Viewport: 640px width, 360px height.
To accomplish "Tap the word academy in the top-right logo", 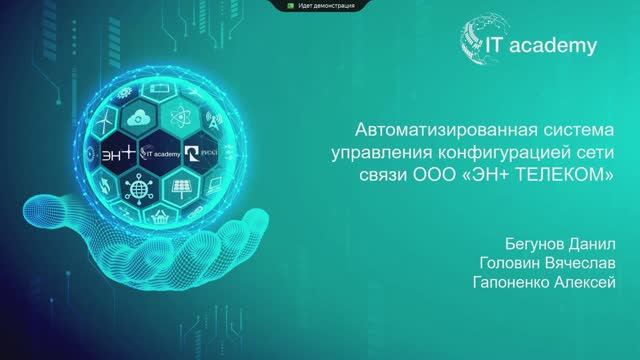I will pyautogui.click(x=560, y=45).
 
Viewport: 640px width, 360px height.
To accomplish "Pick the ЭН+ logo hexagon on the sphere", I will pyautogui.click(x=117, y=154).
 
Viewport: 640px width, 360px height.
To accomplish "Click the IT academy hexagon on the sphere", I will pyautogui.click(x=162, y=154).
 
